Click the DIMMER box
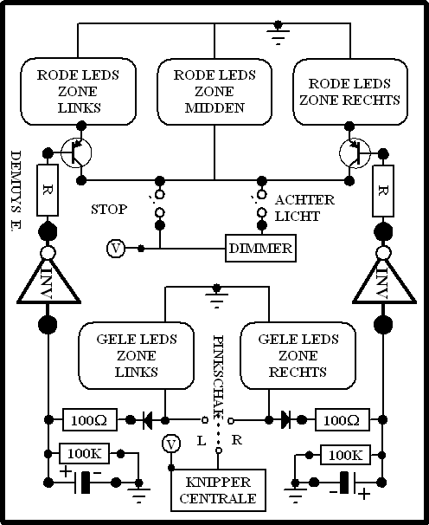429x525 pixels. point(260,248)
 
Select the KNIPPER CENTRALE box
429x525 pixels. point(218,490)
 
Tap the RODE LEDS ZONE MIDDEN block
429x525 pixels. point(214,92)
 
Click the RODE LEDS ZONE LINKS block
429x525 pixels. point(78,92)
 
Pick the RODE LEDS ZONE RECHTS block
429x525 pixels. point(350,92)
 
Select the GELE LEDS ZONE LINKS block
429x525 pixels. point(136,355)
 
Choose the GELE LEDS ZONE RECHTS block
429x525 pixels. point(298,355)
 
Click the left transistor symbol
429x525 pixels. point(77,152)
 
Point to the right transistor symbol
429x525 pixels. point(355,153)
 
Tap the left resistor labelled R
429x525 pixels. point(48,190)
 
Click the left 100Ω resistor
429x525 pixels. point(90,419)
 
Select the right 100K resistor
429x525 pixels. point(345,455)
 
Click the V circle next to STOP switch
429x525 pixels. point(116,249)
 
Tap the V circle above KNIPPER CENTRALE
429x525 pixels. point(171,444)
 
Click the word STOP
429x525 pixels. point(109,210)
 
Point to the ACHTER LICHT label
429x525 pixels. point(304,208)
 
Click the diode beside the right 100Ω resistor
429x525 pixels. point(285,419)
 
